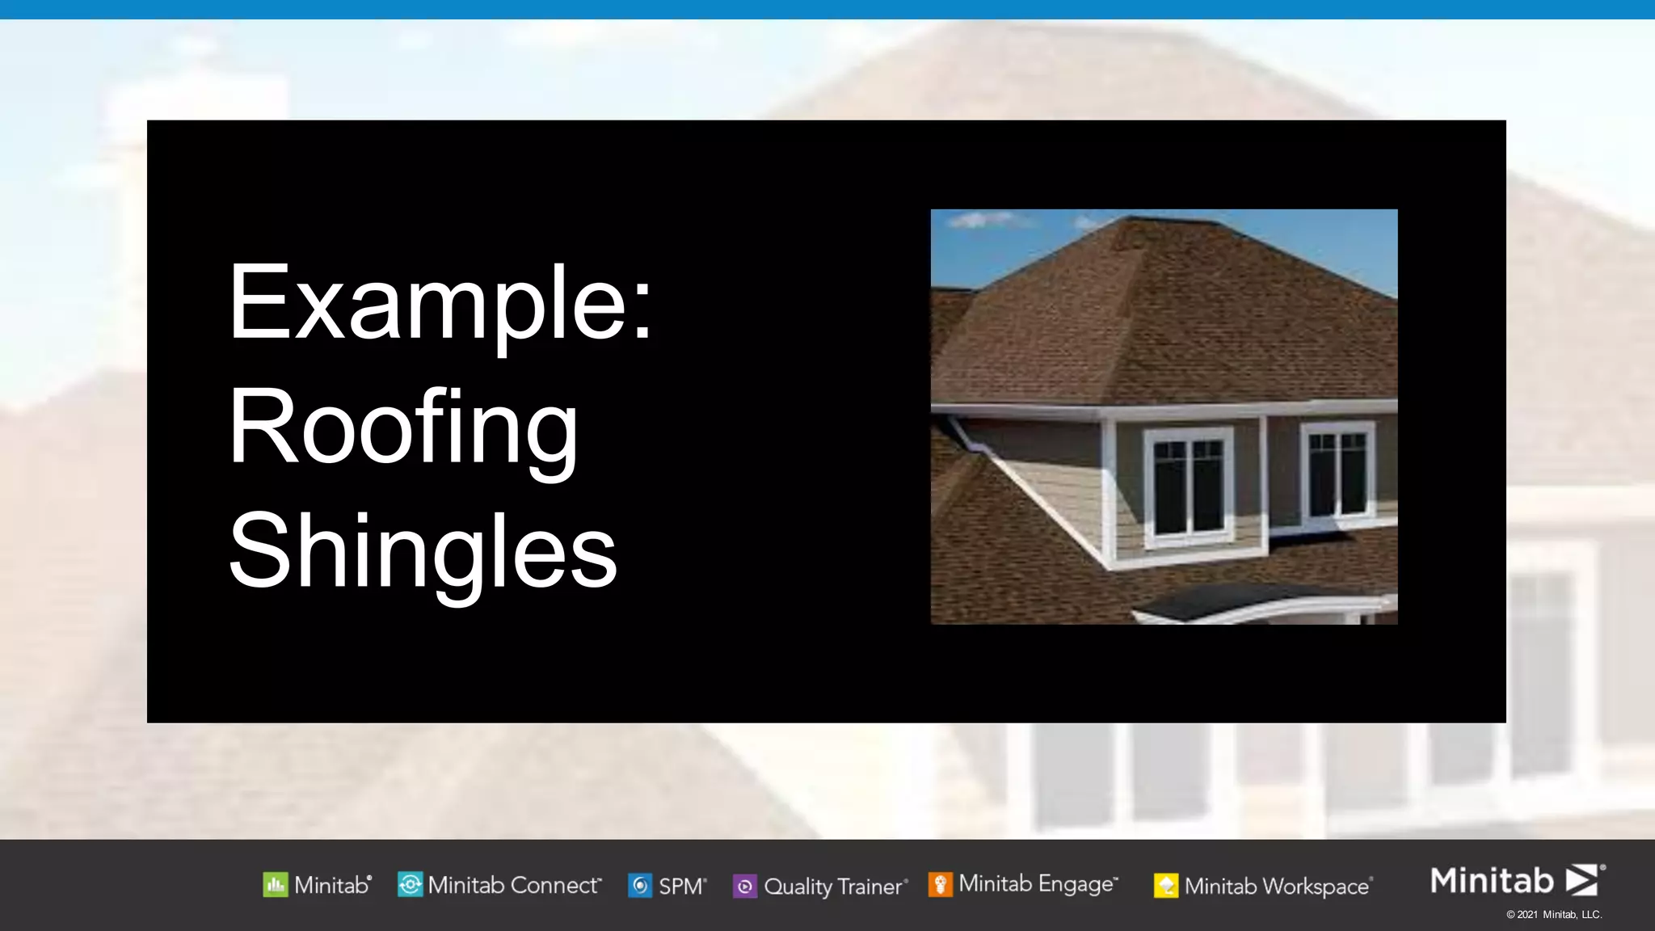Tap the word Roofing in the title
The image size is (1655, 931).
tap(403, 428)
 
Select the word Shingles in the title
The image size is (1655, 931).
tap(423, 553)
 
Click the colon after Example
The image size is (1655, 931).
tap(642, 310)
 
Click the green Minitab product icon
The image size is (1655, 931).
tap(275, 885)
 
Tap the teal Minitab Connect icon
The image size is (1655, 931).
tap(410, 885)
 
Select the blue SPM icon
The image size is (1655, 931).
tap(640, 886)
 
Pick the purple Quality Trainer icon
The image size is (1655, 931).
tap(744, 887)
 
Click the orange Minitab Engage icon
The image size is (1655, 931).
tap(940, 884)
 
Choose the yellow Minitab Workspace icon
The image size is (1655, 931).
tap(1165, 886)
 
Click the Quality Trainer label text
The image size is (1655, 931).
tap(833, 887)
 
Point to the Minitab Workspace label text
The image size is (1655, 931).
tap(1277, 887)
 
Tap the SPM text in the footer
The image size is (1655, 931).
tap(680, 887)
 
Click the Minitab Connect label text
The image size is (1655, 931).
tap(513, 885)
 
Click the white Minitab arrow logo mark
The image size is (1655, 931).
tap(1582, 879)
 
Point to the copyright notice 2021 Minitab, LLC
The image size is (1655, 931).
tap(1553, 915)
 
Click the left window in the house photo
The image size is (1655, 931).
tap(1188, 487)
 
